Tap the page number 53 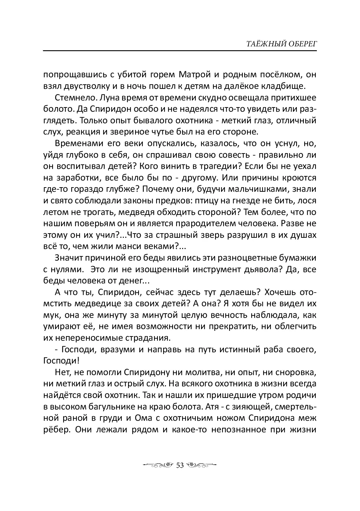click(180, 465)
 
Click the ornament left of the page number click(158, 465)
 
